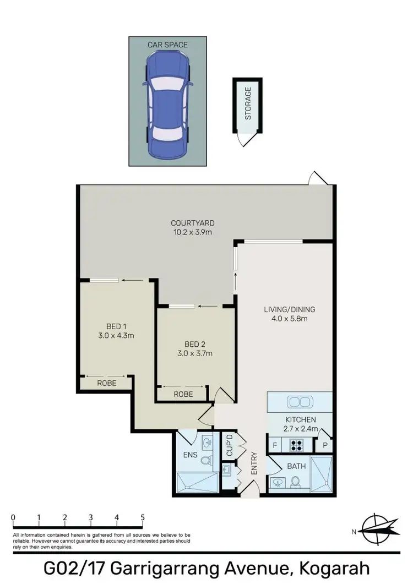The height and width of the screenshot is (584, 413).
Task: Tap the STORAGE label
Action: (x=248, y=103)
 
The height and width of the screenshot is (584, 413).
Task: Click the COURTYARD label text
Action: (x=192, y=223)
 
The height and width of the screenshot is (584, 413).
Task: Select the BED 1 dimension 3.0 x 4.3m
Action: (x=116, y=335)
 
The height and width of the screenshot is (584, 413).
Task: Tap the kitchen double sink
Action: (x=300, y=401)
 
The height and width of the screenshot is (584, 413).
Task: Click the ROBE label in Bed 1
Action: (x=107, y=383)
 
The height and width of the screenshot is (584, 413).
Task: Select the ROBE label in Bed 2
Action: (x=183, y=394)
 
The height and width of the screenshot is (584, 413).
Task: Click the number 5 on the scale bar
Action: (x=143, y=517)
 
